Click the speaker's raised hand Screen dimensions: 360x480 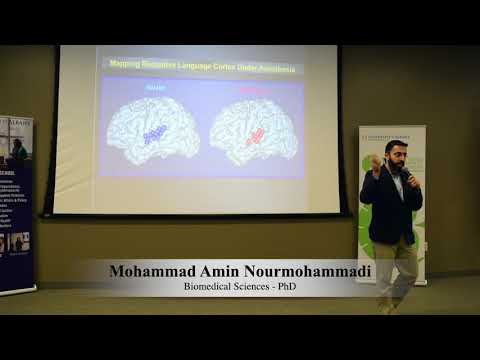point(375,160)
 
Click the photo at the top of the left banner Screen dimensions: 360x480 point(16,150)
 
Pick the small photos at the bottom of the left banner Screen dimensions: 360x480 point(16,241)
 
